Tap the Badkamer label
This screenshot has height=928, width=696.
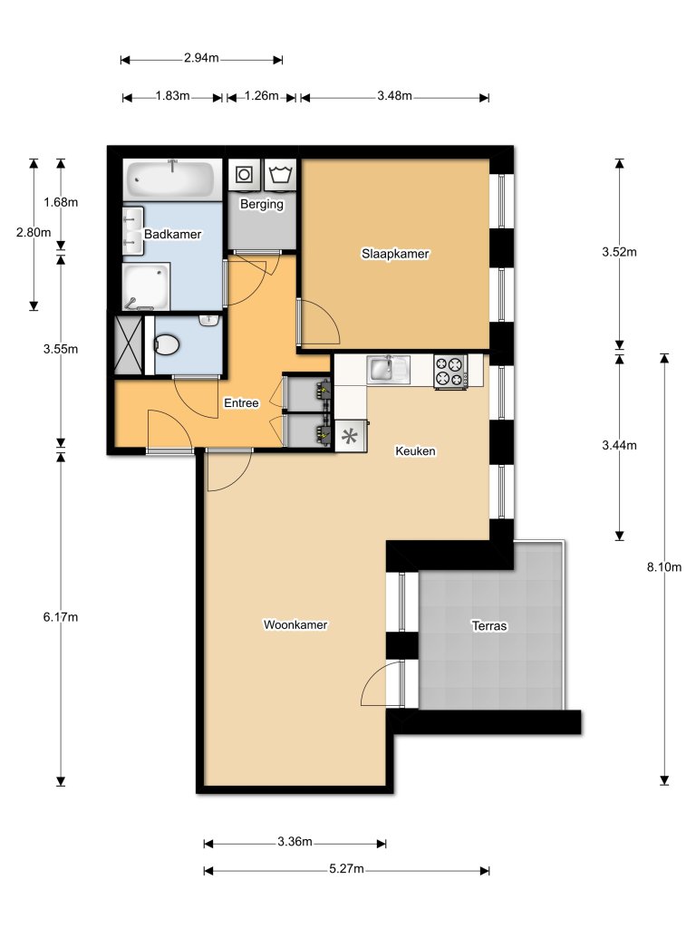[172, 234]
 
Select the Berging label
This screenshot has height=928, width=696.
[261, 204]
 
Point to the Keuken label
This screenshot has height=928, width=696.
[416, 450]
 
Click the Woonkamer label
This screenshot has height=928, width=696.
[295, 624]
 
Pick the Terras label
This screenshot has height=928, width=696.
[488, 625]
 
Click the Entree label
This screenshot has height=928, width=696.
[241, 403]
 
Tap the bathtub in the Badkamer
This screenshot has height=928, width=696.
[170, 179]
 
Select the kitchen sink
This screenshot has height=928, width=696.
[388, 370]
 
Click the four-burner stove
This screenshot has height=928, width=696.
[450, 371]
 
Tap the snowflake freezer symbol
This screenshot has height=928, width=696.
[349, 436]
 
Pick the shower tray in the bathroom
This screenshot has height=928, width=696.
[147, 285]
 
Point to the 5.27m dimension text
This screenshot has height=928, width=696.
[346, 869]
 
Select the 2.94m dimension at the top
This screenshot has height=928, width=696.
[201, 58]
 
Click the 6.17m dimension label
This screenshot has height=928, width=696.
[61, 617]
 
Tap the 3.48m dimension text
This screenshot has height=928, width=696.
[394, 96]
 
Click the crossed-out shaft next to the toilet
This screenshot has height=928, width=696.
[128, 343]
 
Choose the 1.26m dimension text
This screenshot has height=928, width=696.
[261, 96]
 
